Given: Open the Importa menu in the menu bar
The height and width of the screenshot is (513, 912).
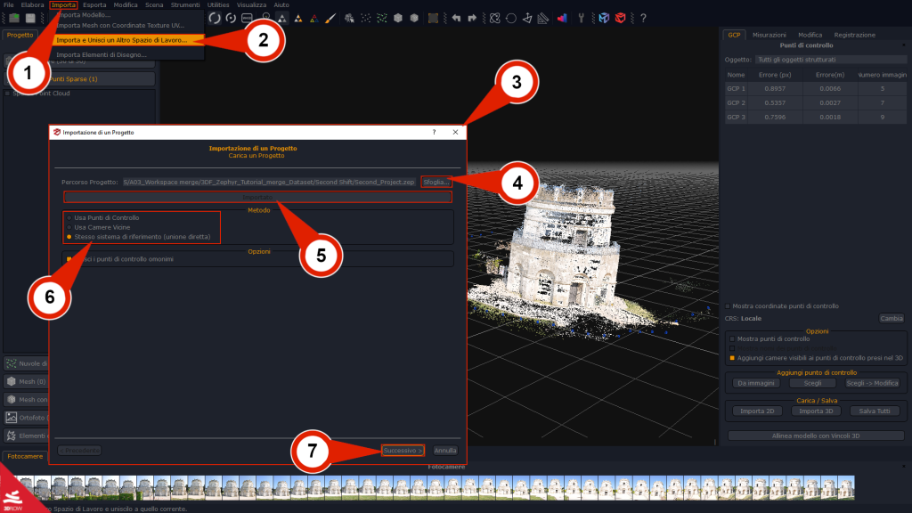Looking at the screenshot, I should click(63, 5).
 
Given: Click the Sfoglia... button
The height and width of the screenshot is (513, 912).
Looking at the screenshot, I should click(436, 182).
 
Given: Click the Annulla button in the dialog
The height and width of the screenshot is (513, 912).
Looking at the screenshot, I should click(445, 451).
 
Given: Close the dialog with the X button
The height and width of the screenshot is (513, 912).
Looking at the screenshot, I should click(455, 132).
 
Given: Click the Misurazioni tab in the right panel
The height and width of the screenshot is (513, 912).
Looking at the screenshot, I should click(769, 35).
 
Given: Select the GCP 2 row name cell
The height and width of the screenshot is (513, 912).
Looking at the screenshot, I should click(736, 102).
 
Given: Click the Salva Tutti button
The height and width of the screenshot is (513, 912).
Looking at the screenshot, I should click(875, 411).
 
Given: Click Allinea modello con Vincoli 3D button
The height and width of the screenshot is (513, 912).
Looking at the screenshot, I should click(816, 436).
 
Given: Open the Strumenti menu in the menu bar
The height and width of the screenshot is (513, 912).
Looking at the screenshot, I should click(185, 5).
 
